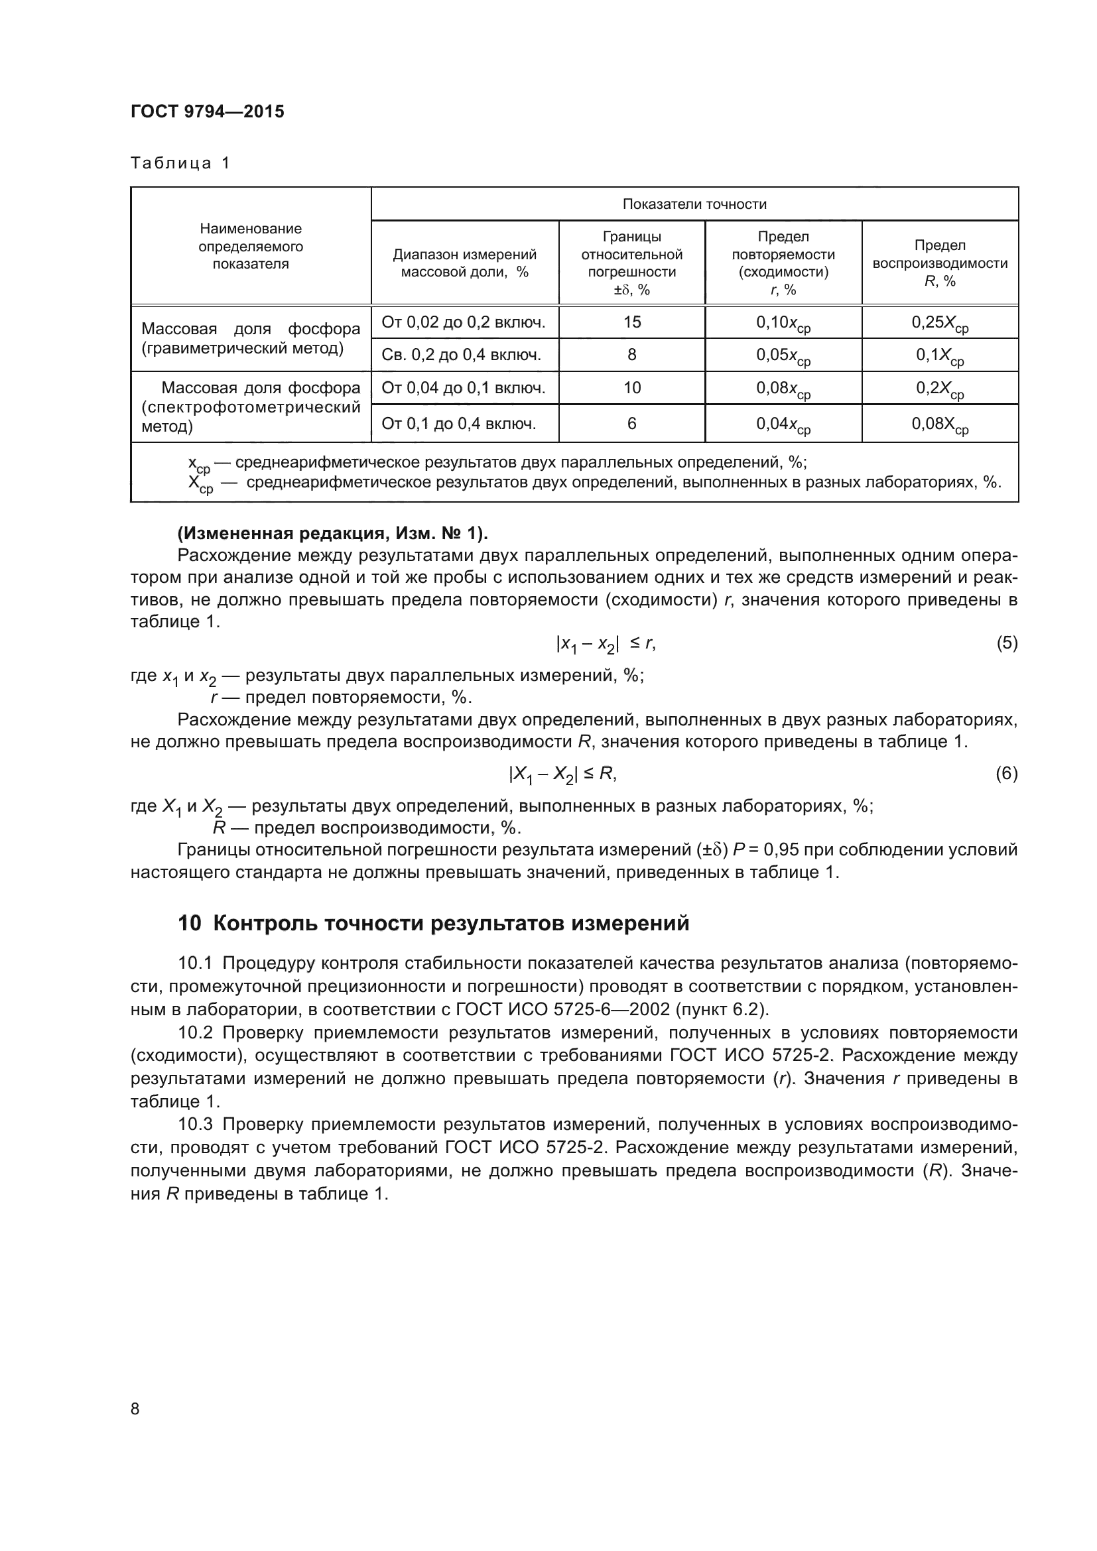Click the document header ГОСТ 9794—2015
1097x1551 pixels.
[x=208, y=111]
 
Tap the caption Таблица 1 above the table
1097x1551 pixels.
[x=180, y=163]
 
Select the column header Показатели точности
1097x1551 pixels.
[x=694, y=204]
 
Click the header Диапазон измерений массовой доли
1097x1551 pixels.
[x=465, y=263]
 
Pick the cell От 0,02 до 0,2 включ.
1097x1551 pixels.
[x=464, y=322]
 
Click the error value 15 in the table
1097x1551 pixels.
[x=631, y=322]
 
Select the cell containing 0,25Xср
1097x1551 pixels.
[x=940, y=324]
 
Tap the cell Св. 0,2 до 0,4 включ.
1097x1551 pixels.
[x=462, y=355]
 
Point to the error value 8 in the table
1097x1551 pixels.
[x=631, y=355]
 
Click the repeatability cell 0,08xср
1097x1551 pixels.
[x=783, y=390]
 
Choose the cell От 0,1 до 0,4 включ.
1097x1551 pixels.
[x=460, y=424]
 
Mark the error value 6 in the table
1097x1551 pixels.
[x=631, y=424]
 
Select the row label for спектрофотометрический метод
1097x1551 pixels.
[x=251, y=406]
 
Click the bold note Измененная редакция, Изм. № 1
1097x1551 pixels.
[x=332, y=534]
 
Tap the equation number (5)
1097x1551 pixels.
[x=1007, y=643]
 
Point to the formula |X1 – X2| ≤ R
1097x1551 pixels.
[x=562, y=774]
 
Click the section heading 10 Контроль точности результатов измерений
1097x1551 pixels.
[x=433, y=923]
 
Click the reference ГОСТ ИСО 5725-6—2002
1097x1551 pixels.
[x=562, y=1010]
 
